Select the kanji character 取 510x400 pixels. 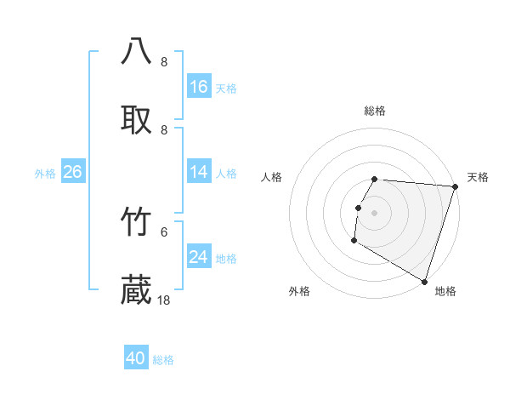pos(137,119)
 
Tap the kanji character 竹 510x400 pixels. pos(137,222)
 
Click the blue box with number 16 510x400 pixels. pos(199,87)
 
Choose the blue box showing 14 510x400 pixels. pos(199,172)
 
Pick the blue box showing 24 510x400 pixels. pos(199,257)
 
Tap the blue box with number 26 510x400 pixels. pos(73,172)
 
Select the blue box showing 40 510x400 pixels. pos(136,358)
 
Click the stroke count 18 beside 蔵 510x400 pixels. pos(164,300)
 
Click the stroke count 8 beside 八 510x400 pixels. pos(164,62)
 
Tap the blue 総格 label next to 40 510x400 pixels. pos(163,360)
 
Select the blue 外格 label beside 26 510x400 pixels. pos(45,174)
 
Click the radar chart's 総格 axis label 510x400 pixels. pos(375,111)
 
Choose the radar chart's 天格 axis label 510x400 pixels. pos(478,177)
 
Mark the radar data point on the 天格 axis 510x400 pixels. pos(455,186)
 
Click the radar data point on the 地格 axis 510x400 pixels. pos(424,281)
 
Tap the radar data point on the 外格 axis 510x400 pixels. pos(354,241)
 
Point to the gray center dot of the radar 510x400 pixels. pos(375,212)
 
